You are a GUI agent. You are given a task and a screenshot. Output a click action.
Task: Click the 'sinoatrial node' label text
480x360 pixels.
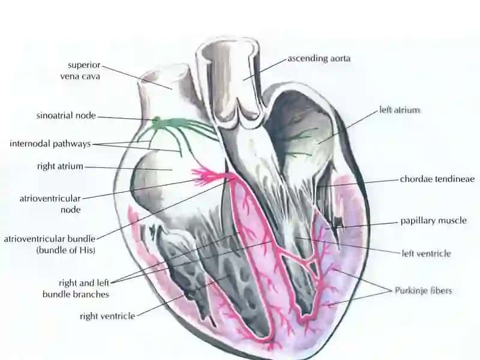(66, 116)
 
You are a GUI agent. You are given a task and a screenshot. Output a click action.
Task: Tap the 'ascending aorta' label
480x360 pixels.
(319, 58)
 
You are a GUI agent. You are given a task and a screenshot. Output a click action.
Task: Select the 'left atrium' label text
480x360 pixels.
(400, 110)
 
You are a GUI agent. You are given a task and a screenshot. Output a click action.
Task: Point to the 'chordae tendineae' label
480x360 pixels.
(437, 179)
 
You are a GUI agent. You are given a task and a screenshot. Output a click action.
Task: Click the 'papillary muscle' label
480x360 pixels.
(433, 220)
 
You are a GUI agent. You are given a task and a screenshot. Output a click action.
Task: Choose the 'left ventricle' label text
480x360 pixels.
(427, 253)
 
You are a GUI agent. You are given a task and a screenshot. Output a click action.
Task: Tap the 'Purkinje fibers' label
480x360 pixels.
(423, 290)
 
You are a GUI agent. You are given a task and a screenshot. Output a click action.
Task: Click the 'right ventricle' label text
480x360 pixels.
(107, 316)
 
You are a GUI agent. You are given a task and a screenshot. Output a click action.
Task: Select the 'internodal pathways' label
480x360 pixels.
(50, 143)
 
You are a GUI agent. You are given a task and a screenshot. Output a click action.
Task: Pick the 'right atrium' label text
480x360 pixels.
(60, 166)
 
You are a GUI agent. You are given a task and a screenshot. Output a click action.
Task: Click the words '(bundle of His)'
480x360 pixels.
(66, 250)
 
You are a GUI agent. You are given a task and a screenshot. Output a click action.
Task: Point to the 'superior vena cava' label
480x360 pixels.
(80, 70)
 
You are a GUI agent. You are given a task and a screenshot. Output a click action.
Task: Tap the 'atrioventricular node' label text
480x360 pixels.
(50, 204)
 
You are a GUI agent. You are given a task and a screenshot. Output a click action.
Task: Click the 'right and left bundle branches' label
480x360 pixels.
(76, 289)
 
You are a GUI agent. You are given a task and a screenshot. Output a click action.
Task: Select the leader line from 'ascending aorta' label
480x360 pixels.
(265, 68)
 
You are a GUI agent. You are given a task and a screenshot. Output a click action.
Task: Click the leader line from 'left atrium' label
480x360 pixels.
(347, 127)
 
